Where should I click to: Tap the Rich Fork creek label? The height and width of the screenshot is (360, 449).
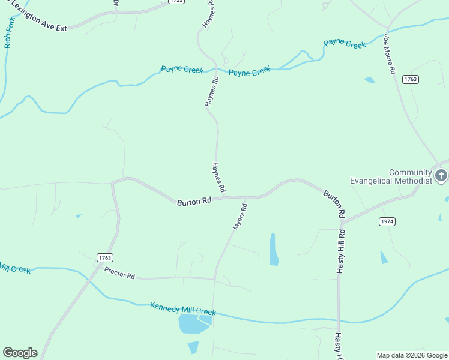8,32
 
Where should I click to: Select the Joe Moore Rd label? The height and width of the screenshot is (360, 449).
390,53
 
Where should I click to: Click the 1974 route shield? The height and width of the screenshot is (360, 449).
387,221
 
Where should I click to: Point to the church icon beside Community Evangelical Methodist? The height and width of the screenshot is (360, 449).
441,176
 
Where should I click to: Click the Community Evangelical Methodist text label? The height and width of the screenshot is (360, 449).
391,176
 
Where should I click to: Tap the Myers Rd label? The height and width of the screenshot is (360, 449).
240,217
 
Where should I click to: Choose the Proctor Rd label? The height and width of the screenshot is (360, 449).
119,273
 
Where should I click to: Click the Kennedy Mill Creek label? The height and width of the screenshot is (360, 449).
182,309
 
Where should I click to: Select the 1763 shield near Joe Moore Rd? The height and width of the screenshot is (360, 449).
411,79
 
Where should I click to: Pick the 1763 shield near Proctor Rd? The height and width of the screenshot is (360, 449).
104,257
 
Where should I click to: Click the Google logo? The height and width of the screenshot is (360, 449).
20,353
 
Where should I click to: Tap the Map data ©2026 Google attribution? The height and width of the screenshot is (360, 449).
412,355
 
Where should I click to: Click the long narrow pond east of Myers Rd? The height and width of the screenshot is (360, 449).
274,249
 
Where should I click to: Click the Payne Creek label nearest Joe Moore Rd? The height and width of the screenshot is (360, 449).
344,44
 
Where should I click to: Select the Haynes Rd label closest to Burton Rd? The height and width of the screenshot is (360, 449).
218,177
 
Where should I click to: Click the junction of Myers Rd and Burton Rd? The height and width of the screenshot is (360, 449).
246,197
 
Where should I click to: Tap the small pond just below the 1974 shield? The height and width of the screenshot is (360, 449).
384,257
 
